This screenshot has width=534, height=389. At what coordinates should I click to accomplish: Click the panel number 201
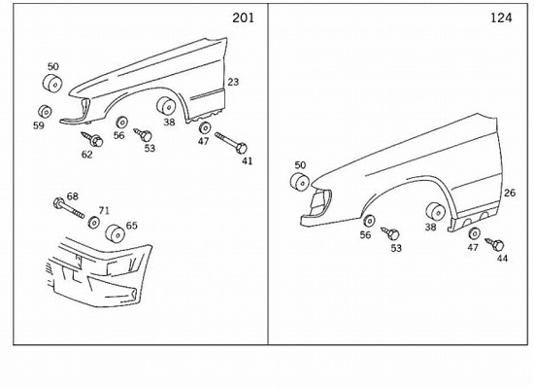tap(243, 18)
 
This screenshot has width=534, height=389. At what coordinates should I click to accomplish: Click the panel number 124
tap(501, 18)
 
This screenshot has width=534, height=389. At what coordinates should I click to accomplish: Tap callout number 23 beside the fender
tap(233, 82)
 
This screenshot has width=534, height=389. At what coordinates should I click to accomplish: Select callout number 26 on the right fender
tap(510, 194)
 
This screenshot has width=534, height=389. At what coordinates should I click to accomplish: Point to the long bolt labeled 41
tap(231, 143)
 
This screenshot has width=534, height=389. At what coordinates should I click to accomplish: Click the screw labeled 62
tap(92, 139)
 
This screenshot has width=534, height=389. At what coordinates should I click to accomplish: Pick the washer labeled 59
tap(45, 112)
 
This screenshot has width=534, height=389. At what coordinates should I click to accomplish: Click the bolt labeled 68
tap(69, 207)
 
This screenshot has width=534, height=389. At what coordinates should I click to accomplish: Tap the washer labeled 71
tap(93, 222)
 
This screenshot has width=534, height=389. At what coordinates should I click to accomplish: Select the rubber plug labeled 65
tap(115, 233)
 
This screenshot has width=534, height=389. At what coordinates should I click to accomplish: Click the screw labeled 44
tap(495, 244)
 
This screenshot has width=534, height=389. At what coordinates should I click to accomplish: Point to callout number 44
tap(502, 259)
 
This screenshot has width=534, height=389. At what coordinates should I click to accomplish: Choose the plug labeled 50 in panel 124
tap(300, 181)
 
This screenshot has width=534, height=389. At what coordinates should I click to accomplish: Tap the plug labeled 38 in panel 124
tap(436, 212)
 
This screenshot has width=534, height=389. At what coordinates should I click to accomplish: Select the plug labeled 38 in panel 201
tap(167, 105)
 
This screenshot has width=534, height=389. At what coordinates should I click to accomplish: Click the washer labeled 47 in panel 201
tap(205, 127)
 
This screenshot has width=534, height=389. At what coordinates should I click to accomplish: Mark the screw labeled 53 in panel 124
tap(390, 233)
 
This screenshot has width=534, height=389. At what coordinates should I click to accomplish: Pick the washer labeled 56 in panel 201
tap(121, 123)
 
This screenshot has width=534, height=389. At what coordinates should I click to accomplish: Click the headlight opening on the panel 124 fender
tap(320, 202)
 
